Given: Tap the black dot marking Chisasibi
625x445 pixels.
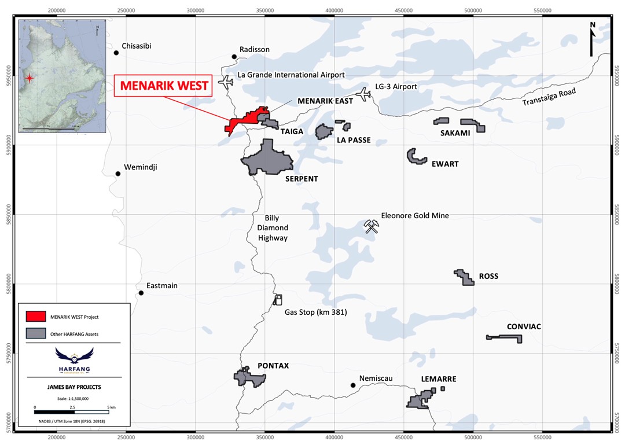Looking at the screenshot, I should click(116, 53).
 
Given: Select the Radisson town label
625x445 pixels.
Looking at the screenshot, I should click(255, 49).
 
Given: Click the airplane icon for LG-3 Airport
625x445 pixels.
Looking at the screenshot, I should click(364, 94).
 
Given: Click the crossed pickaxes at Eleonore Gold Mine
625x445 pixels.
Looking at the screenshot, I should click(371, 226).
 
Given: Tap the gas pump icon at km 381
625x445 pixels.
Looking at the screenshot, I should click(278, 299).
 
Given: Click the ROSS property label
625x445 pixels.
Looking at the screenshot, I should click(488, 276).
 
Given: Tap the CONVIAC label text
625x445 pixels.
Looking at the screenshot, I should click(524, 326).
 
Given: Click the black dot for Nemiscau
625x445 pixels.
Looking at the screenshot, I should click(352, 385).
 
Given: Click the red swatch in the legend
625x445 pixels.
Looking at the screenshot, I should click(35, 316).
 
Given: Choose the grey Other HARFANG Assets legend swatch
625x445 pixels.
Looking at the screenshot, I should click(35, 333).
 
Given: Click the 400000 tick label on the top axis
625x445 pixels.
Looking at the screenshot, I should click(334, 10).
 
